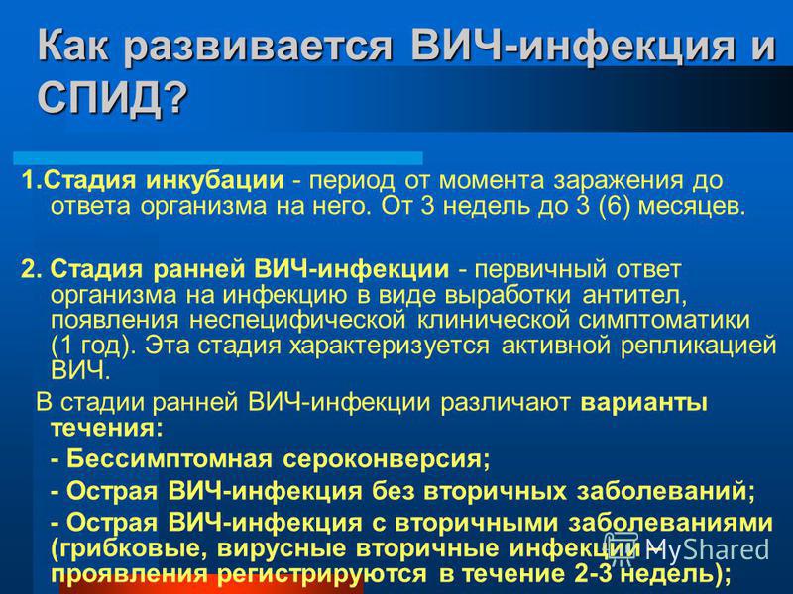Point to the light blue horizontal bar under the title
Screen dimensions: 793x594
[218, 158]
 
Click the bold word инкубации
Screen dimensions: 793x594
[214, 181]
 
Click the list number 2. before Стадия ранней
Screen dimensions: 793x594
[34, 270]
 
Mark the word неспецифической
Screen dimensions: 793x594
[297, 321]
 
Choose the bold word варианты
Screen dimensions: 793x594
[643, 404]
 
